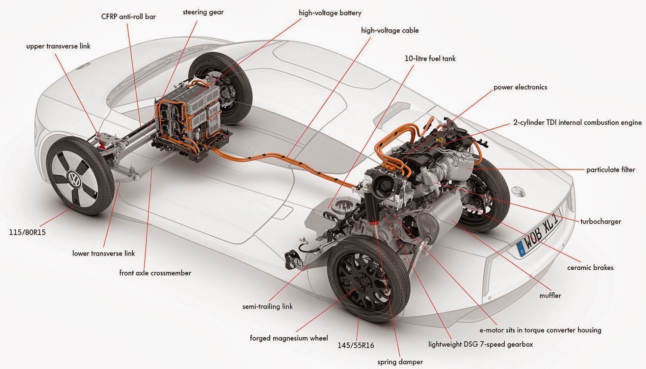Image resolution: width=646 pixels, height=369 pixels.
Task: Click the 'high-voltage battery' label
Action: point(330,13)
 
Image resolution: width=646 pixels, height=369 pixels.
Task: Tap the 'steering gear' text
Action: point(203,12)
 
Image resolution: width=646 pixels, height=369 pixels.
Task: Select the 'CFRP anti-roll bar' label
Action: point(128,17)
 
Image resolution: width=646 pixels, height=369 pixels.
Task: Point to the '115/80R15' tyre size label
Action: point(27,233)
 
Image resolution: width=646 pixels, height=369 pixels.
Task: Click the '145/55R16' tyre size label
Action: point(356,346)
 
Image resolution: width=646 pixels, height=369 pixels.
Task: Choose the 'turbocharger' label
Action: point(600,221)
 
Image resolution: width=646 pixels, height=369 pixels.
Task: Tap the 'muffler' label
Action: point(550,296)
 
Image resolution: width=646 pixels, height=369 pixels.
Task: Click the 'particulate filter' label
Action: point(610,170)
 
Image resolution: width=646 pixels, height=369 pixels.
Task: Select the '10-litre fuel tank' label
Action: point(430,59)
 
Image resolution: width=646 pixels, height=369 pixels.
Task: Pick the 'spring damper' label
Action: point(400,362)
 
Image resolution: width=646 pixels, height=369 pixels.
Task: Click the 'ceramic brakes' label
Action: point(590,268)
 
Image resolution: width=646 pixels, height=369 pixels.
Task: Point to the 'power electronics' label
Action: point(520,87)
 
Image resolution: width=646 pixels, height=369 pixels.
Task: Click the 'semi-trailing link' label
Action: point(267,306)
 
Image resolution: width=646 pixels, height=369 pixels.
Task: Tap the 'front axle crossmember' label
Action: point(155,273)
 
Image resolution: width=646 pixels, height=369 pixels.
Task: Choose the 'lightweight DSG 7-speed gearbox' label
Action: point(480,344)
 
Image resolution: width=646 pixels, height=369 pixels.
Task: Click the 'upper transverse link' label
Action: point(58,46)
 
